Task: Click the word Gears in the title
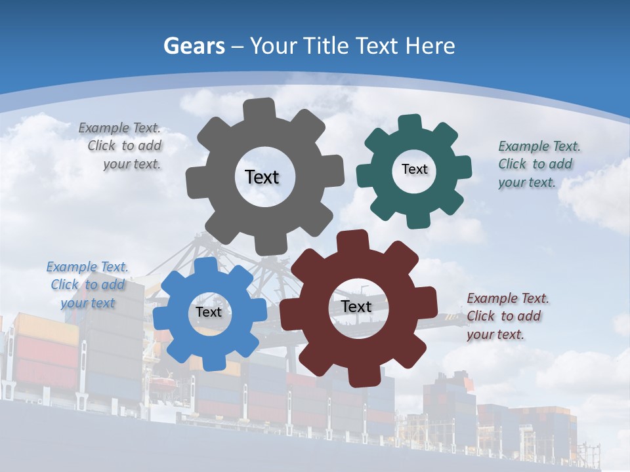[x=194, y=46]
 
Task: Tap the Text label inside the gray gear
[x=262, y=177]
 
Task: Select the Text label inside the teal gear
[x=414, y=169]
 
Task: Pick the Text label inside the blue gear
[x=208, y=312]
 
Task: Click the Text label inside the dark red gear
[x=356, y=306]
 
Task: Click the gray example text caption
[x=122, y=146]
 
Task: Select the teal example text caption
[x=538, y=164]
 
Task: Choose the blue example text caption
[x=87, y=285]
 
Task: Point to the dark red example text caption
[x=507, y=316]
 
